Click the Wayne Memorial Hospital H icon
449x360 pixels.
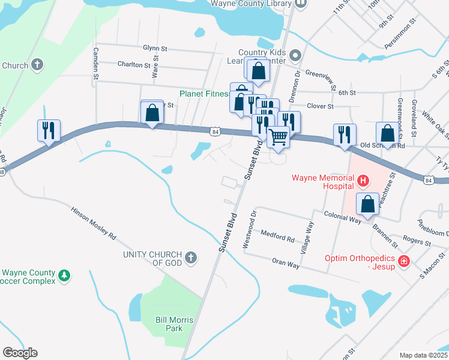363,179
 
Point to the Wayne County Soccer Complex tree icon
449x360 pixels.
64,275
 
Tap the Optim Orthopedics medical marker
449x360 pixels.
404,262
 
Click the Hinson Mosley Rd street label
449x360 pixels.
93,223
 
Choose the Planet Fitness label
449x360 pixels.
205,94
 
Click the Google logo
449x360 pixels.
20,353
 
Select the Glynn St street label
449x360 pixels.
154,48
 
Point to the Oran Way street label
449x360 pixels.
285,262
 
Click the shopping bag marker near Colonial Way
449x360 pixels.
367,204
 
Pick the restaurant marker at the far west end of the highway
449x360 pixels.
48,130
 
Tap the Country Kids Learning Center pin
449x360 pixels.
295,56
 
